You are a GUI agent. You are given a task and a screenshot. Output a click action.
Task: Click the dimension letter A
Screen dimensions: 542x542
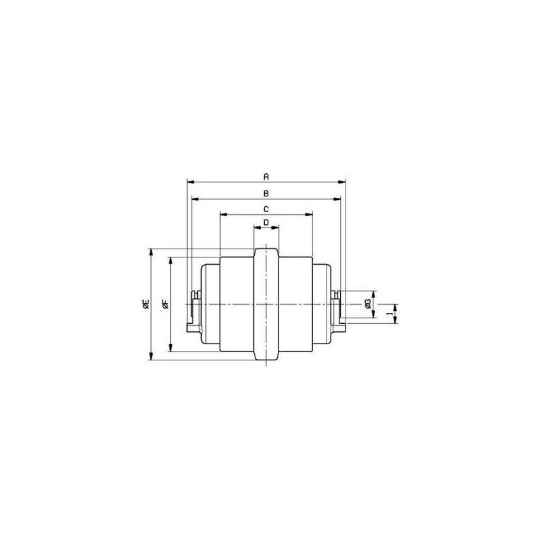[x=266, y=177]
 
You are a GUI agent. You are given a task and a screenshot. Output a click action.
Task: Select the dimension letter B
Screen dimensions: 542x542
[x=266, y=194]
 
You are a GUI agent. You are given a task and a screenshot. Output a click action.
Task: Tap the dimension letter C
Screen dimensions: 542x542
[x=266, y=209]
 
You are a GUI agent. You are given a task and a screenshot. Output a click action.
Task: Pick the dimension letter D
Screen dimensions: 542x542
[x=266, y=222]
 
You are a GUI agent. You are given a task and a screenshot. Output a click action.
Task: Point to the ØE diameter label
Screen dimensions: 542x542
[x=146, y=304]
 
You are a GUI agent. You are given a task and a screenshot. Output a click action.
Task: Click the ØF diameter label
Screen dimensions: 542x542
[x=165, y=304]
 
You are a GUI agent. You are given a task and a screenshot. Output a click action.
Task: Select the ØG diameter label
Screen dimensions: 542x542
[x=367, y=304]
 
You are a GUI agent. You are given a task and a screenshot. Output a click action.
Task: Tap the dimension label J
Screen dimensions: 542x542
[x=390, y=314]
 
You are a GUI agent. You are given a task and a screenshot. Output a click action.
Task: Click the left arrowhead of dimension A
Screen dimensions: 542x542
[x=190, y=182]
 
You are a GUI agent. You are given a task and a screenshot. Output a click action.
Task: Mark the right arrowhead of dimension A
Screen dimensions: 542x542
[x=342, y=182]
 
